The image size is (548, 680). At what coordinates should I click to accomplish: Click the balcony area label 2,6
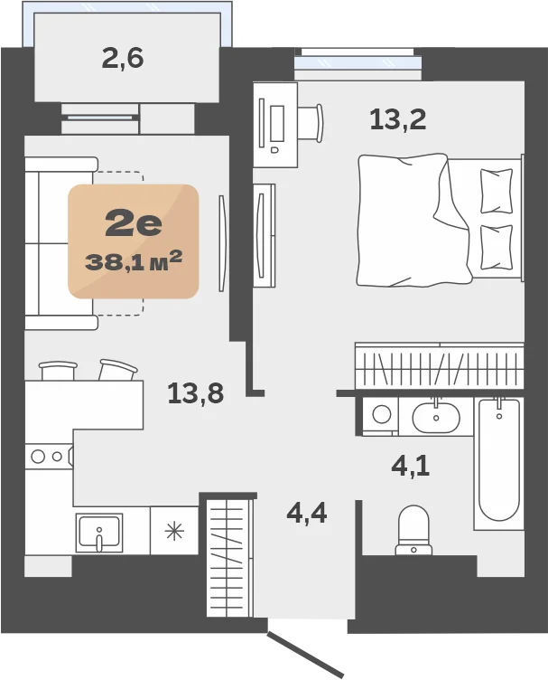pyautogui.click(x=123, y=59)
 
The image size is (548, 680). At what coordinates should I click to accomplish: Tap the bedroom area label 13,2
pyautogui.click(x=398, y=119)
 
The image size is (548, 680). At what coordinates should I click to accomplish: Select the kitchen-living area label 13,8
pyautogui.click(x=196, y=393)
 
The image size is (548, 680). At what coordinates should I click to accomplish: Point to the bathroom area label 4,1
pyautogui.click(x=411, y=467)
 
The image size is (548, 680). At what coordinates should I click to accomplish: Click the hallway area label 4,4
pyautogui.click(x=306, y=513)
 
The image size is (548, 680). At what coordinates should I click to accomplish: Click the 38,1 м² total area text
pyautogui.click(x=134, y=261)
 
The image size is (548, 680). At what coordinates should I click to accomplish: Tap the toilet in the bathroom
pyautogui.click(x=413, y=530)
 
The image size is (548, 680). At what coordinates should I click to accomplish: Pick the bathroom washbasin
pyautogui.click(x=436, y=417)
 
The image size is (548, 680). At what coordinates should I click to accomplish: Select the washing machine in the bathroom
pyautogui.click(x=380, y=416)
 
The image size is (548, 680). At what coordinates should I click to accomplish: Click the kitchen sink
pyautogui.click(x=99, y=533)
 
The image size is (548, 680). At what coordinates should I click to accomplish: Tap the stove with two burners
pyautogui.click(x=49, y=457)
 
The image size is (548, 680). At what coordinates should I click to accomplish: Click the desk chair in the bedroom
pyautogui.click(x=311, y=123)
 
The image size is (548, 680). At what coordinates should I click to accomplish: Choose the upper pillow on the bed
pyautogui.click(x=497, y=191)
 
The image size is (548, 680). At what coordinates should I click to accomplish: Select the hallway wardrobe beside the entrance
pyautogui.click(x=230, y=557)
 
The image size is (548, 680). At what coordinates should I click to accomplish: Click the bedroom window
pyautogui.click(x=358, y=63)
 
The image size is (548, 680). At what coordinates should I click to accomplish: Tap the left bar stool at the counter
pyautogui.click(x=58, y=371)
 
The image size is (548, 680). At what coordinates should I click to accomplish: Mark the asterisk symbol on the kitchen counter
pyautogui.click(x=174, y=532)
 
